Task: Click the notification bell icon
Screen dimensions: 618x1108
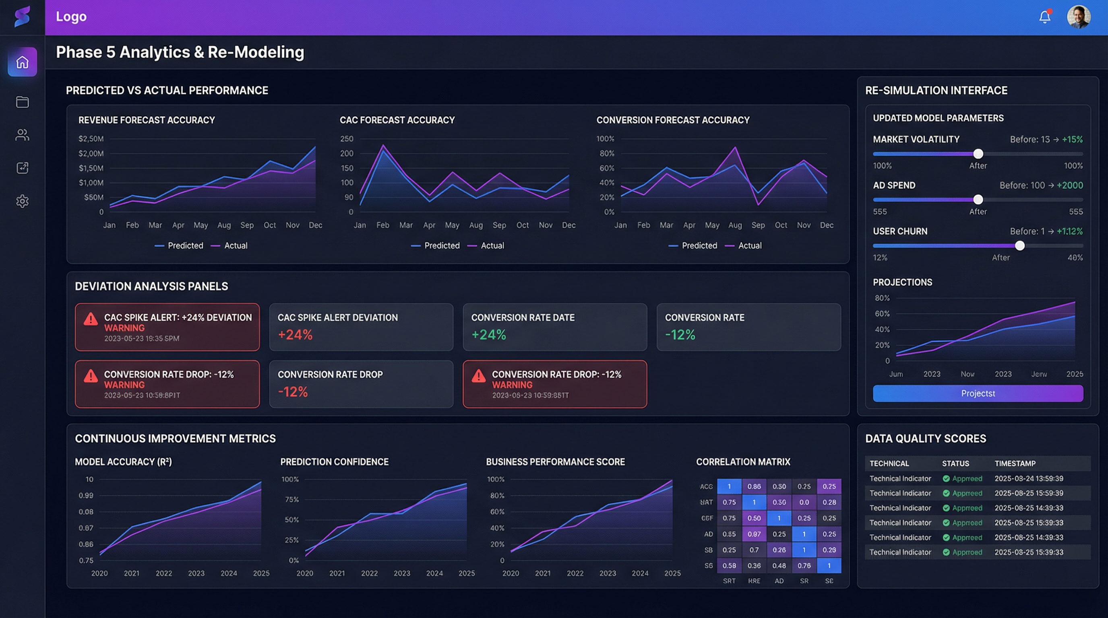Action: (x=1044, y=17)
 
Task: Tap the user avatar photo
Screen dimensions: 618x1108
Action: (x=1078, y=17)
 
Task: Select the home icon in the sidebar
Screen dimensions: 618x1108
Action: (x=23, y=62)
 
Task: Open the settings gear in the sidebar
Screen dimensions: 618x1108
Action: (x=23, y=201)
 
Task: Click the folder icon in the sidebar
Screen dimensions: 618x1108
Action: (x=23, y=102)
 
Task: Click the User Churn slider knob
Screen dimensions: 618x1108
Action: (x=1019, y=245)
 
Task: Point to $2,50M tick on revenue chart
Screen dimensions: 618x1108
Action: (x=91, y=139)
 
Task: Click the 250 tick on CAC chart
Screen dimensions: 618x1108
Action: (x=346, y=139)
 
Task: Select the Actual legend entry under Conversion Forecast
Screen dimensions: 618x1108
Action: (x=749, y=245)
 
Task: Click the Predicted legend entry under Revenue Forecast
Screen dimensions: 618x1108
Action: (x=185, y=245)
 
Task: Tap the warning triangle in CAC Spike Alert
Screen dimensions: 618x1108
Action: (x=90, y=319)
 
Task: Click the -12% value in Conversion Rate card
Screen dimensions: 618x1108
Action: (x=680, y=335)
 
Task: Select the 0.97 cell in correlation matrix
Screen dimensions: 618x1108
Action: (x=754, y=534)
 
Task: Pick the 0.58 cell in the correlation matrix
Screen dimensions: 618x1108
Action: (x=729, y=566)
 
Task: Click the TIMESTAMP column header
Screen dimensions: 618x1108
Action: (x=1015, y=463)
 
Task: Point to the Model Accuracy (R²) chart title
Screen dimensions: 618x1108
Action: (x=123, y=461)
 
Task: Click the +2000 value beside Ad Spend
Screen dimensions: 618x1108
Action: (x=1070, y=185)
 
